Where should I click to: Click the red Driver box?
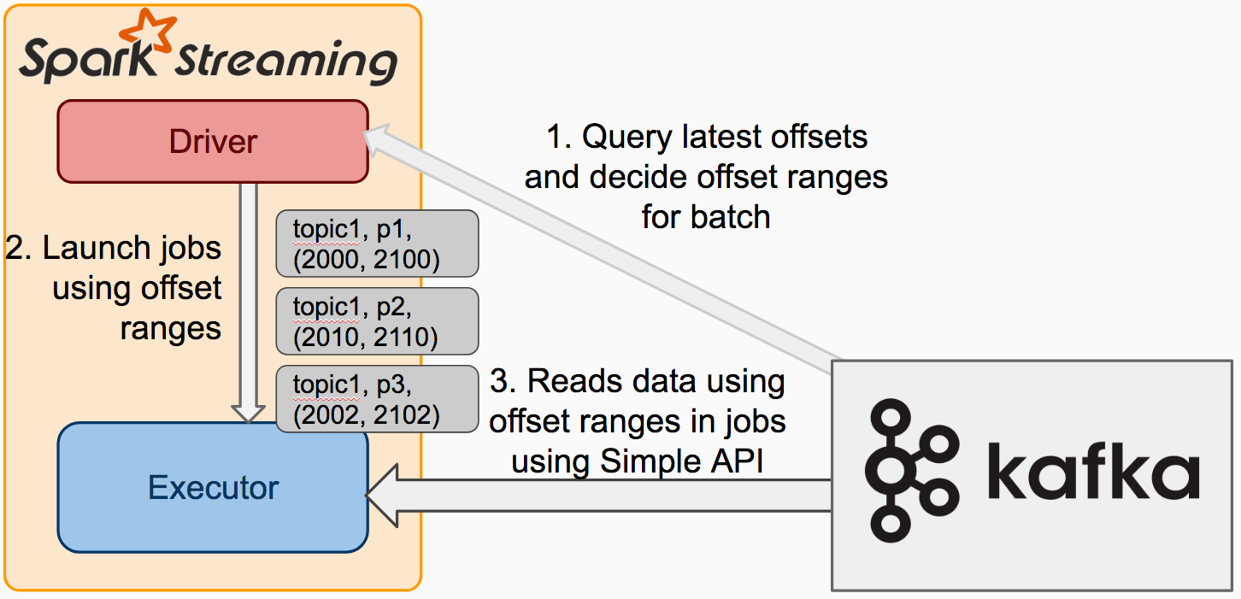tap(212, 141)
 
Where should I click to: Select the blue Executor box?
tap(212, 488)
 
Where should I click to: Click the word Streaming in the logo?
tap(286, 64)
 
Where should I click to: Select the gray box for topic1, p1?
tap(376, 244)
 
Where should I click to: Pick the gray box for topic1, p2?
tap(376, 321)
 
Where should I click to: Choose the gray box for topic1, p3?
tap(376, 399)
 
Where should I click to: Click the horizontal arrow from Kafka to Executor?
tap(598, 496)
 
